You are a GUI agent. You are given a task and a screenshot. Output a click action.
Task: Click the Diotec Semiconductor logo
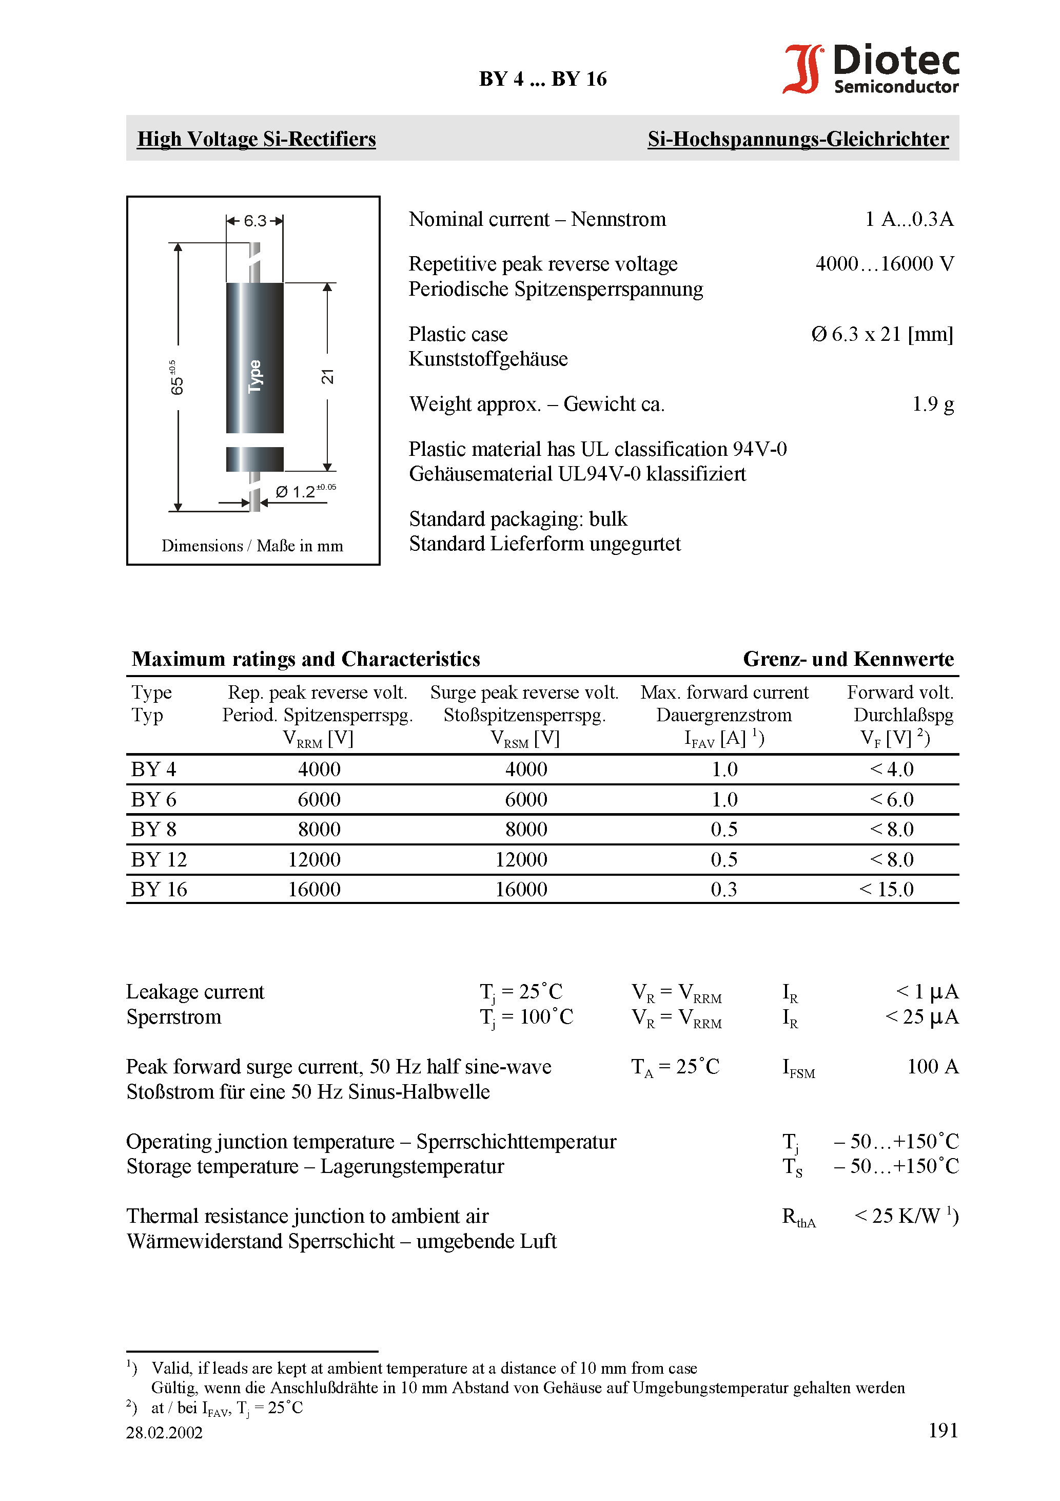pos(871,69)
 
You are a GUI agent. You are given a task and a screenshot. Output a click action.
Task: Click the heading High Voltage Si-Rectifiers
pos(256,139)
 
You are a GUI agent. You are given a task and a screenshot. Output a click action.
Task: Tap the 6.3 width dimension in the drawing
pos(255,221)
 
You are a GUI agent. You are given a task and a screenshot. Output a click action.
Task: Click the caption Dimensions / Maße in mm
pos(252,545)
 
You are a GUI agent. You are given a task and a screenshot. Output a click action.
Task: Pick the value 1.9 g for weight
pos(933,404)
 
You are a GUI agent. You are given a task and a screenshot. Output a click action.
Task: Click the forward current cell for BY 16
pos(724,889)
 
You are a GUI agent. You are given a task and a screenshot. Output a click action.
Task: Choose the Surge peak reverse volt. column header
pos(524,692)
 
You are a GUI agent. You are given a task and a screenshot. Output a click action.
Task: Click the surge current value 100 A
pos(933,1066)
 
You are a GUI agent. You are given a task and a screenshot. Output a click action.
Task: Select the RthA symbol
pos(799,1217)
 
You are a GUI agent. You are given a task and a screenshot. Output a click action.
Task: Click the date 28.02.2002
pos(165,1432)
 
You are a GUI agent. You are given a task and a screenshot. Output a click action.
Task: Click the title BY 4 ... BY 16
pos(542,79)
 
